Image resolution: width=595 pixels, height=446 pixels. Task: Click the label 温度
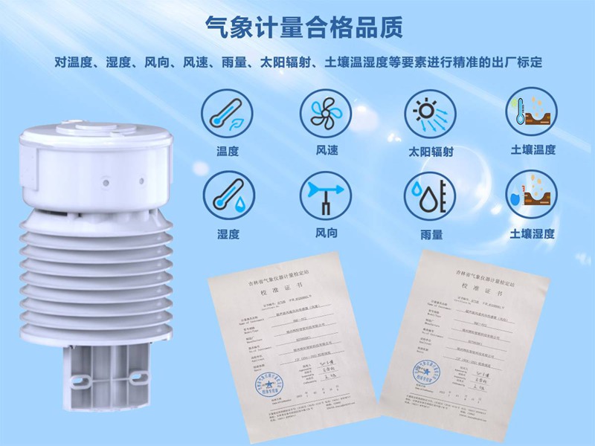(227, 150)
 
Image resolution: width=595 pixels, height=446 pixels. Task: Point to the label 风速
(327, 150)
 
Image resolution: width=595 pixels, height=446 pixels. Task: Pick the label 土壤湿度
(533, 233)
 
